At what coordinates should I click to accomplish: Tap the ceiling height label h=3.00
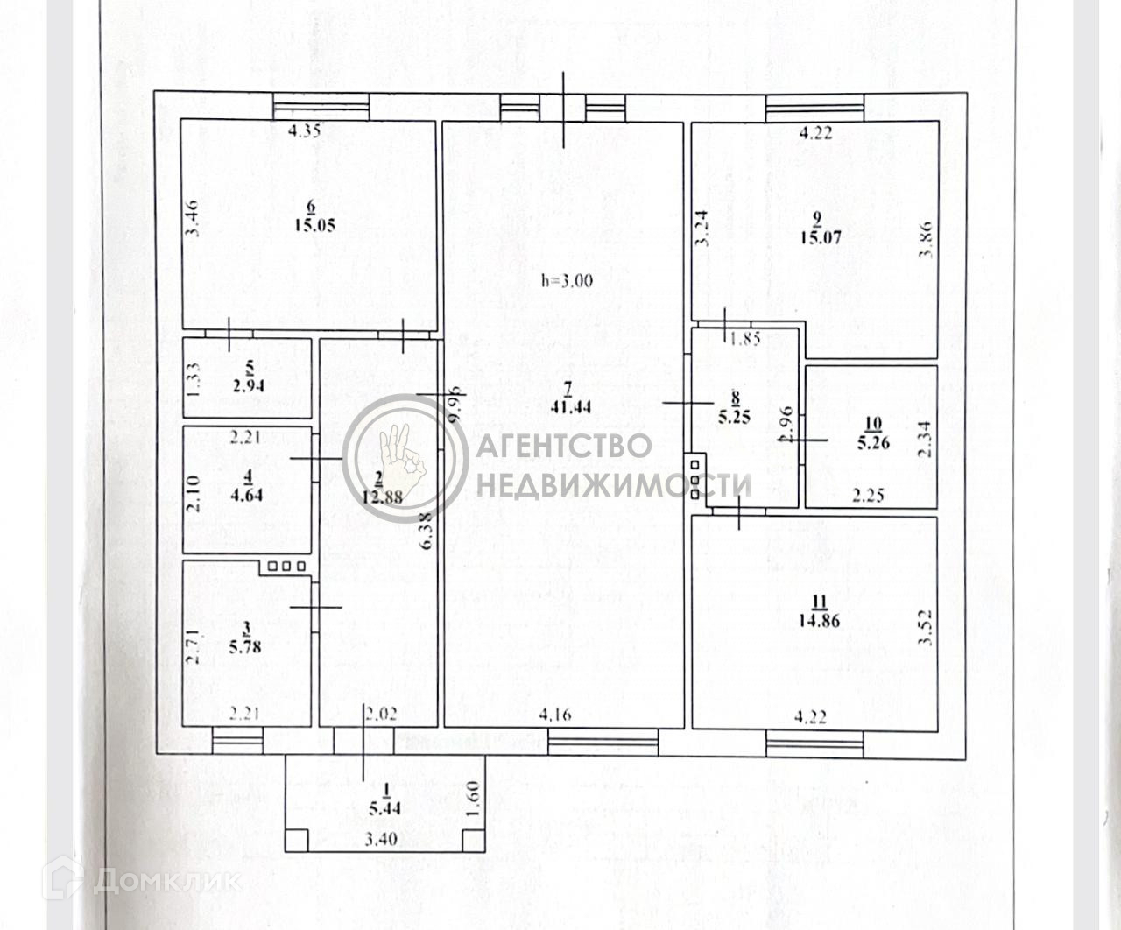[x=567, y=281]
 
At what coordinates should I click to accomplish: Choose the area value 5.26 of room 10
[x=872, y=443]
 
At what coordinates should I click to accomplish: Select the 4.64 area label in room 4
[x=249, y=494]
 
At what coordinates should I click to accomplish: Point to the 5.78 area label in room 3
[x=249, y=646]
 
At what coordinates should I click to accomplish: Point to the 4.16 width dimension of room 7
[x=556, y=715]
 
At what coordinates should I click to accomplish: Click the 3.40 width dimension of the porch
[x=380, y=839]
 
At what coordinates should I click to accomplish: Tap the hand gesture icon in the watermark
[x=400, y=457]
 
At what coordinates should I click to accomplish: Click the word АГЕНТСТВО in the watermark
[x=564, y=445]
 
